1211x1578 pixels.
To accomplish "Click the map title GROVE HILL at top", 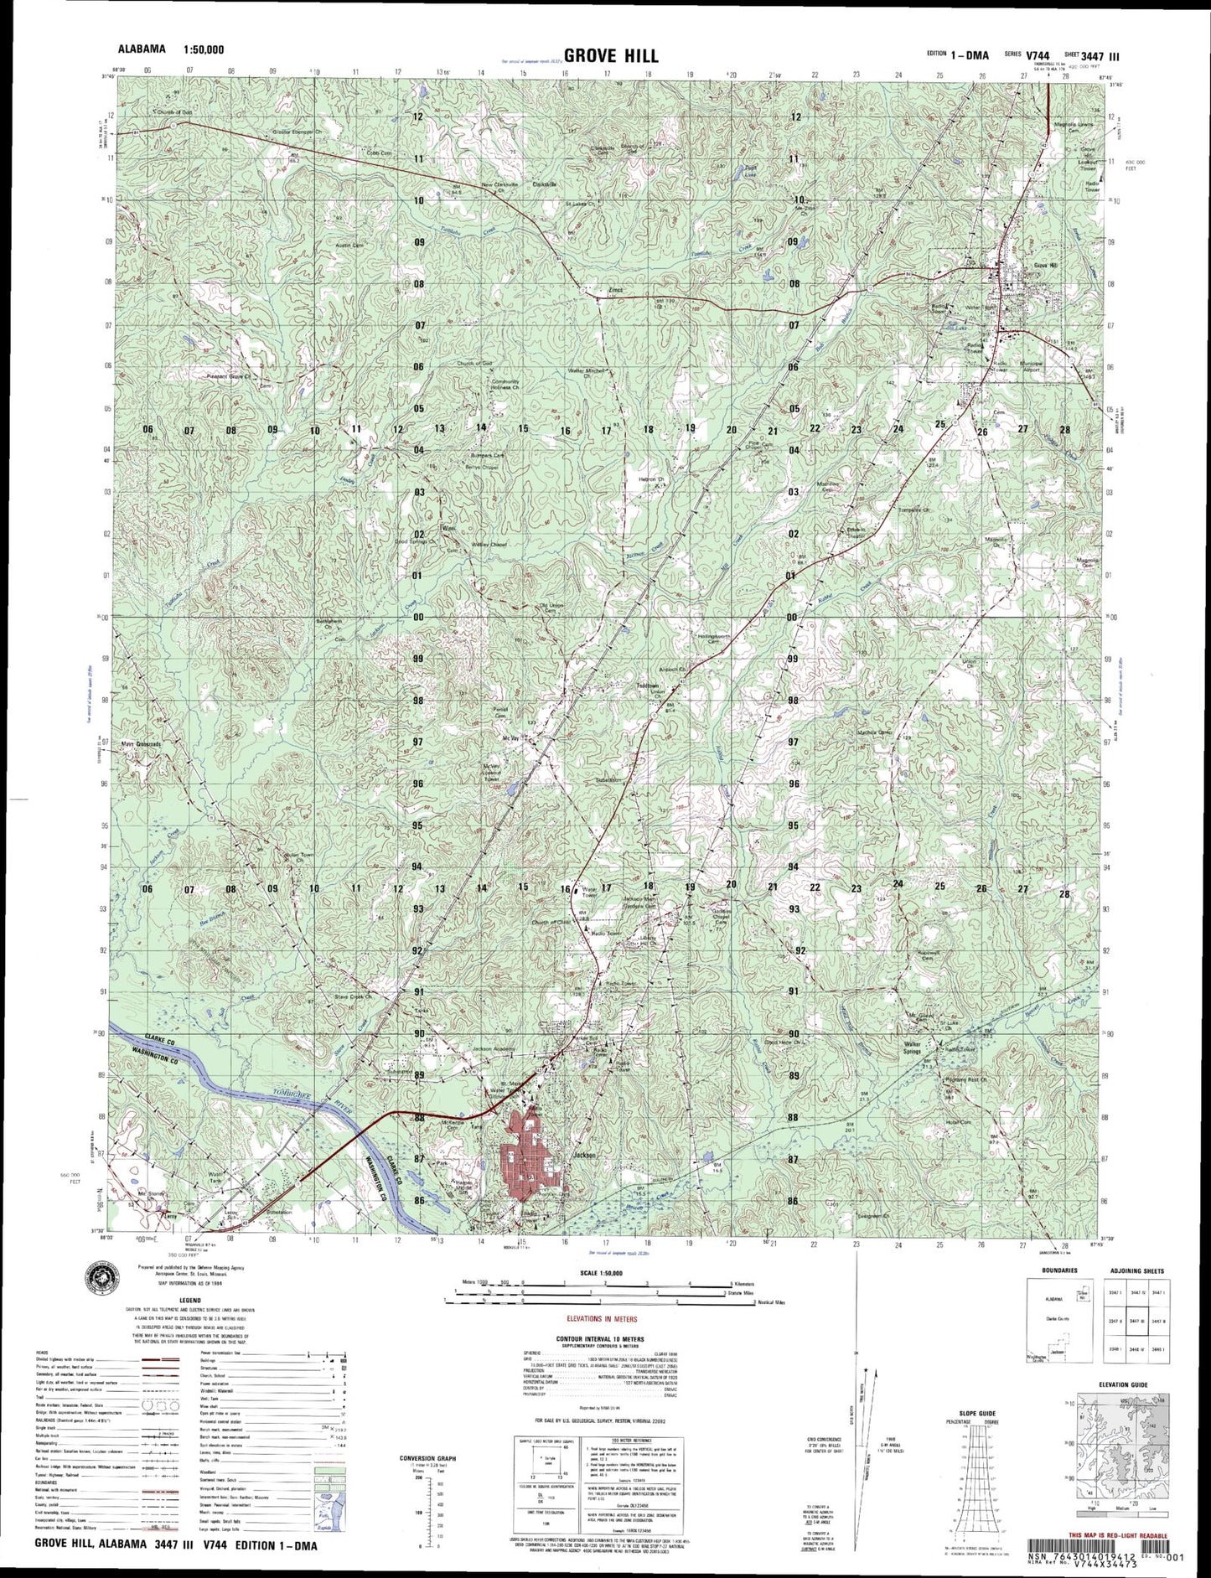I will click(610, 55).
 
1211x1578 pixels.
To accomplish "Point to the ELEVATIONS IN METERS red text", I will click(598, 1318).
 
